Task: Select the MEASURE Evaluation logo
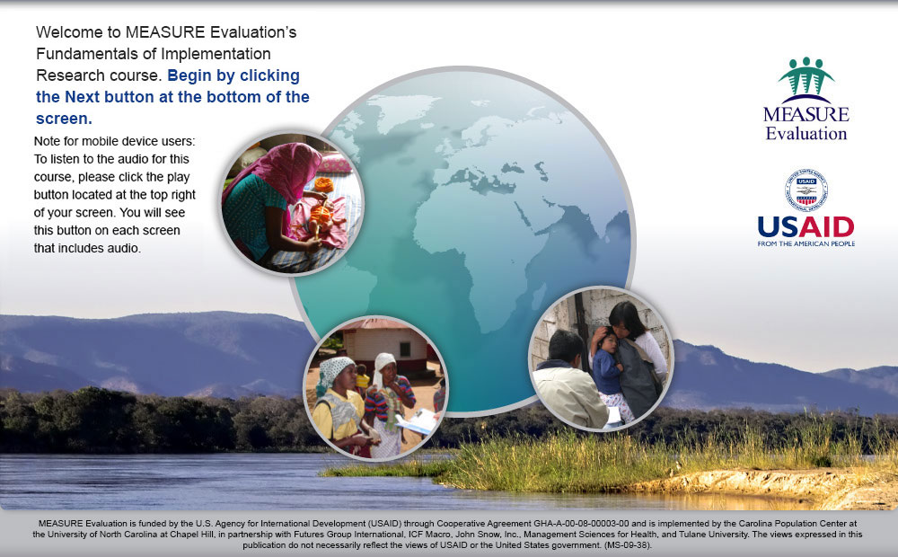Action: tap(806, 99)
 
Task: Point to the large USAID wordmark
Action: tap(806, 227)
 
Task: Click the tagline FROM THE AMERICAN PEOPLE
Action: tap(806, 243)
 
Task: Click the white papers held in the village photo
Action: tap(417, 421)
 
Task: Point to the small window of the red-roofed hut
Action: tap(405, 349)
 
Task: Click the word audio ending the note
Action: tap(126, 248)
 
